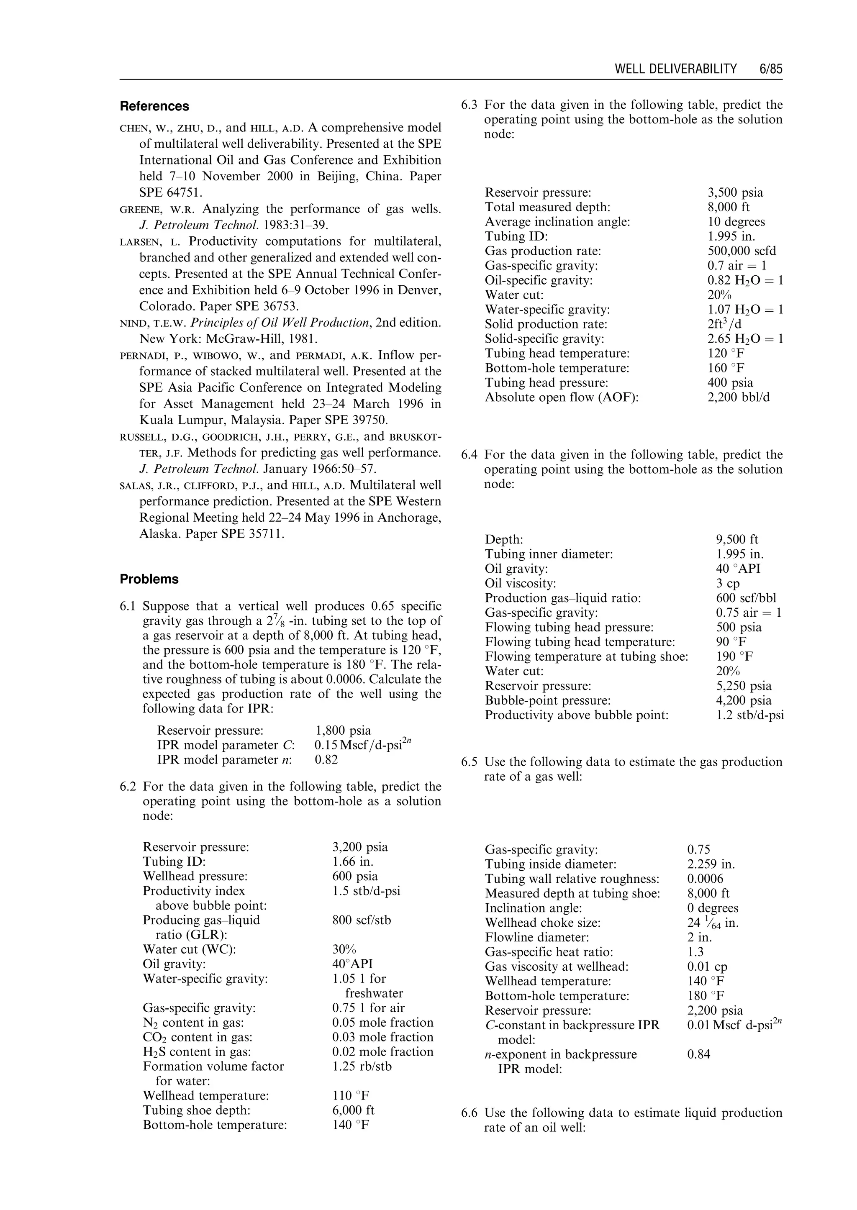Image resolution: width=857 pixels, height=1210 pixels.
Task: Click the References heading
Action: [x=154, y=106]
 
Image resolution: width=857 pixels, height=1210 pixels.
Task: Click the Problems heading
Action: [x=149, y=579]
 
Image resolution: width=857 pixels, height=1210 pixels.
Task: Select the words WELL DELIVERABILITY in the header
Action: [x=675, y=69]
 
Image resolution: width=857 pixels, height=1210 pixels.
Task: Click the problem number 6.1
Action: [x=129, y=606]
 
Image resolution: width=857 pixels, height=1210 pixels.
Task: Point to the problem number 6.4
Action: [x=469, y=455]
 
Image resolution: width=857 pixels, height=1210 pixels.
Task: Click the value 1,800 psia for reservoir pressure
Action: [x=343, y=731]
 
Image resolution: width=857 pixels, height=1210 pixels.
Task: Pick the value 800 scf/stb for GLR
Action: [x=362, y=920]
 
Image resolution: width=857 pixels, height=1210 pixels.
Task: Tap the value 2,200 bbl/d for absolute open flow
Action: [x=738, y=397]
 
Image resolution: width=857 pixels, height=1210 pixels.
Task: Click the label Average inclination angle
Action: [x=557, y=222]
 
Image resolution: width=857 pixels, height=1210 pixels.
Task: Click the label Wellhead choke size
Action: [x=542, y=923]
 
